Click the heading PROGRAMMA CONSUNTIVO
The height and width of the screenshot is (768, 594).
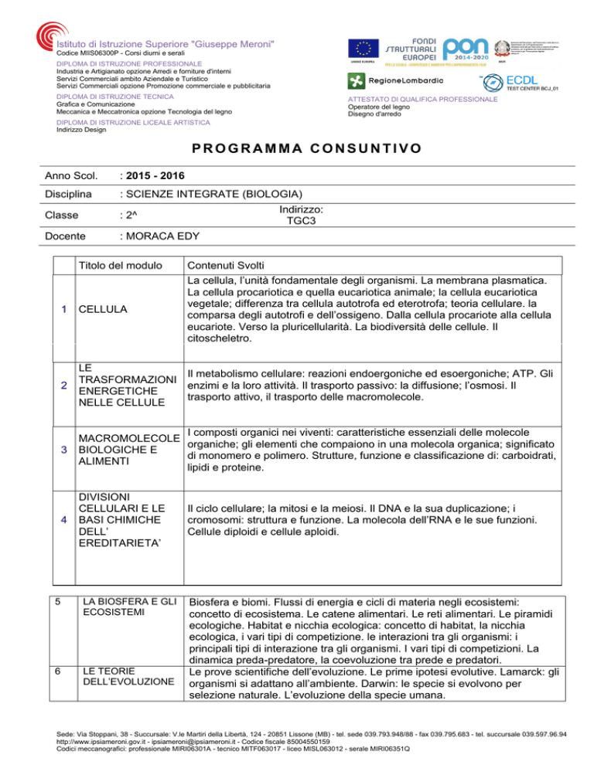[297, 148]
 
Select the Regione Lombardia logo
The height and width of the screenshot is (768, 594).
[394, 80]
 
